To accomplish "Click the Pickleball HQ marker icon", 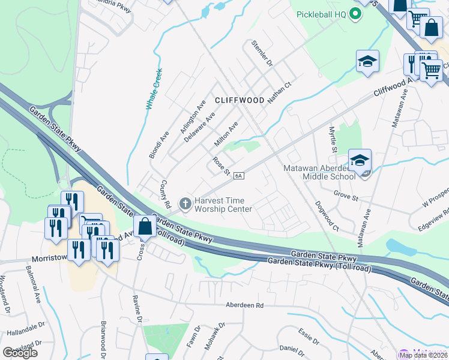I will click(x=355, y=14).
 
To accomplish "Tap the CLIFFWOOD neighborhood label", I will click(x=240, y=100).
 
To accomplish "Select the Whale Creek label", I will click(x=154, y=90).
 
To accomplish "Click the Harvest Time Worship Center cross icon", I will click(x=185, y=204).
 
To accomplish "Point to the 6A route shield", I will click(x=238, y=175).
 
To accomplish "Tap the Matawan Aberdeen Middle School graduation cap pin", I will click(x=360, y=160).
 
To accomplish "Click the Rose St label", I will click(x=221, y=167).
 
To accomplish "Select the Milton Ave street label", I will click(x=227, y=134).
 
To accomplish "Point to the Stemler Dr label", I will click(x=262, y=53).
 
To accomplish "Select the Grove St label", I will click(x=346, y=196).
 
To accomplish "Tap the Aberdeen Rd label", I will click(x=244, y=305).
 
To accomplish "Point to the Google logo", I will click(x=20, y=353).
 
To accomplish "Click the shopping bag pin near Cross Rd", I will click(x=145, y=227).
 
